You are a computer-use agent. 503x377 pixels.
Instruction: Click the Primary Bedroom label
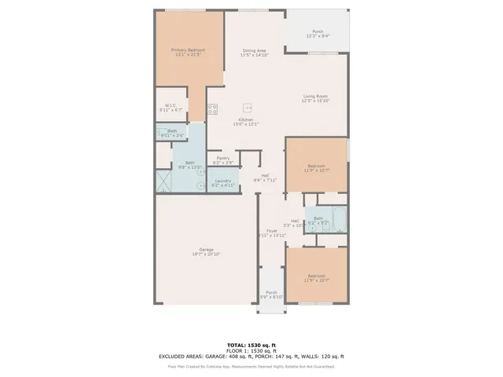click(188, 50)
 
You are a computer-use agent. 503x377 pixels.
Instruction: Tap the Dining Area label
click(254, 50)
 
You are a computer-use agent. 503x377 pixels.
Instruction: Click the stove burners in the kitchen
click(212, 109)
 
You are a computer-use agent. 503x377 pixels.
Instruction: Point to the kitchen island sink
click(248, 106)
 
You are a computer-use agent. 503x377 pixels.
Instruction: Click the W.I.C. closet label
click(170, 105)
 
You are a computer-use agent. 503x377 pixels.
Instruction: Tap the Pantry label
click(223, 158)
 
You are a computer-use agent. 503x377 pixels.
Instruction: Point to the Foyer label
click(271, 231)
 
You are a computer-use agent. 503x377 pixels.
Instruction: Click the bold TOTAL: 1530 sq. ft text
click(251, 345)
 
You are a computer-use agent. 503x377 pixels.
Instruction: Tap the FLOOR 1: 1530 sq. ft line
click(251, 350)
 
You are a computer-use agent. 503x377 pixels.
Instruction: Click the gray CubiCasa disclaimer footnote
click(251, 366)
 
